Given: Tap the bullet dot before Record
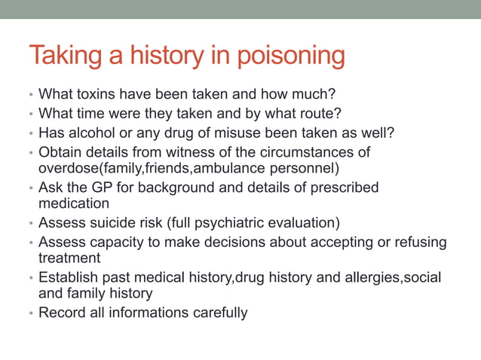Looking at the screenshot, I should pyautogui.click(x=31, y=313).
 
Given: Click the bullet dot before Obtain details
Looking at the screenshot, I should pyautogui.click(x=31, y=153).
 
